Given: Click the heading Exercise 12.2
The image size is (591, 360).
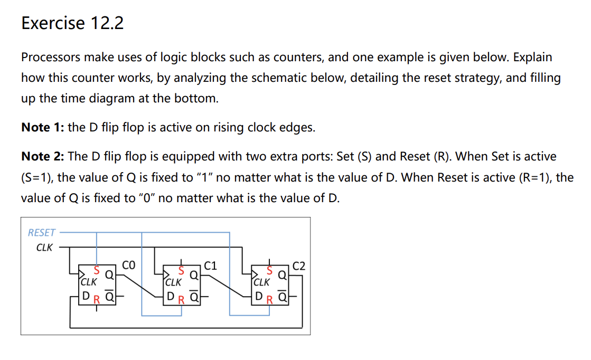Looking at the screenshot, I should pos(72,23).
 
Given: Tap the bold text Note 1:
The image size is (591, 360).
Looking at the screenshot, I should pos(43,128).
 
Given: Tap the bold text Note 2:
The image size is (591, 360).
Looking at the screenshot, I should pos(43,156).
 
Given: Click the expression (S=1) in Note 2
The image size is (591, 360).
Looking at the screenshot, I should pos(38,177).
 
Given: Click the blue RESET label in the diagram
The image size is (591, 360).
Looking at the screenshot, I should pos(41,232).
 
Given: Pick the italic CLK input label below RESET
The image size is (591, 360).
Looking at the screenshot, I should pos(44,247).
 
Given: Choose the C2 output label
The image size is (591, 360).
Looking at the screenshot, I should pos(299,265).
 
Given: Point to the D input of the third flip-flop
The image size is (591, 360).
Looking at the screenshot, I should pos(258,297).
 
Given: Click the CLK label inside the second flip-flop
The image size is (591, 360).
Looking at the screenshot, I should pos(173,282).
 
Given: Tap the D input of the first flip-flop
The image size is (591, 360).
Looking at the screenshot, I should pos(85,297).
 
